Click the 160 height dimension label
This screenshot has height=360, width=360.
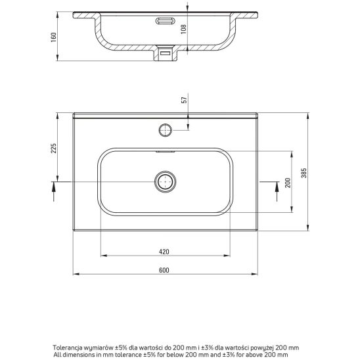pos(53,37)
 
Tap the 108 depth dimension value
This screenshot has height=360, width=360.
pos(183,29)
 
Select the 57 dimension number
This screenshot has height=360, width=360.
pos(185,100)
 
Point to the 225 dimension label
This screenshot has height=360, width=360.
pos(53,148)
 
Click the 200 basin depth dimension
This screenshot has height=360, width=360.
pos(288,183)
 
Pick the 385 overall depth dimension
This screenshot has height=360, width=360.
pos(304,173)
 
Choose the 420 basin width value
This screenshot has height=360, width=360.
pos(164,252)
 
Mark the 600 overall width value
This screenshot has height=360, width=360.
pos(164,270)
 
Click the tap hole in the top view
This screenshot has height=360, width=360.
pos(165,130)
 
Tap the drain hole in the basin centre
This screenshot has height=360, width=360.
pos(166,181)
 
